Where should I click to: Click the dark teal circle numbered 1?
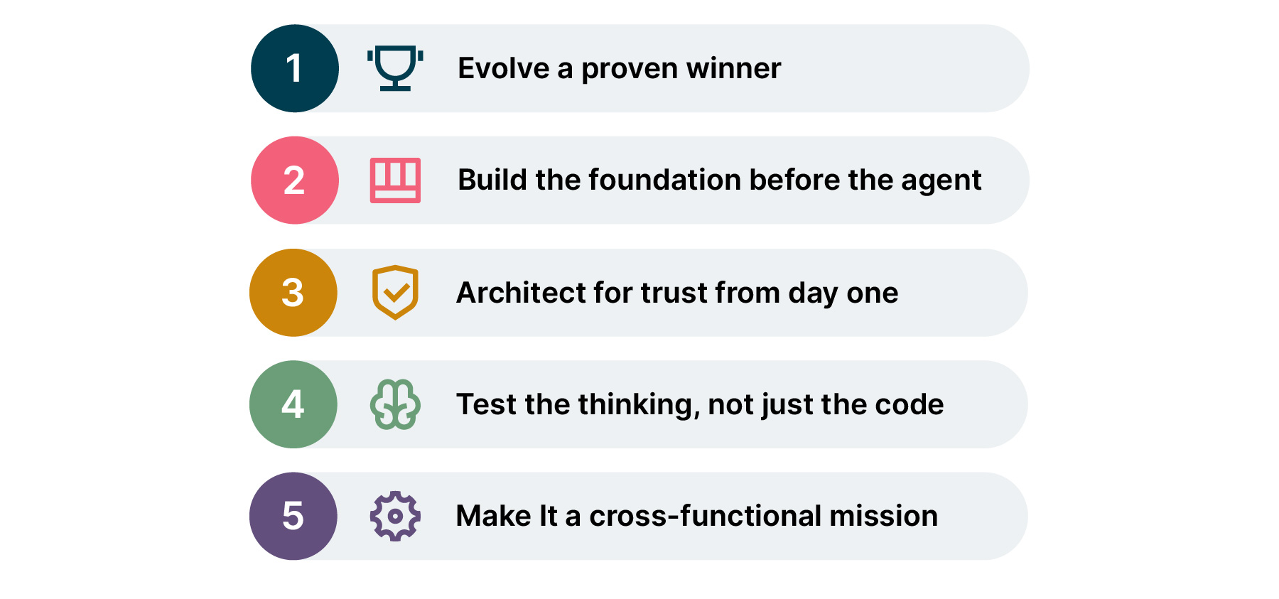click(295, 68)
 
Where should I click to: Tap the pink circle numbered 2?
click(295, 180)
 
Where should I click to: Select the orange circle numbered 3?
click(293, 292)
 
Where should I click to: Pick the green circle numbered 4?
click(293, 404)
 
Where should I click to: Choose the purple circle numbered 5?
click(293, 516)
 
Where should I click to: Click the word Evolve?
click(504, 68)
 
